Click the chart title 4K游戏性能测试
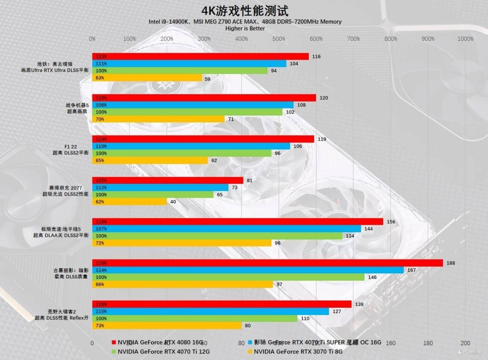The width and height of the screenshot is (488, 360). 245,10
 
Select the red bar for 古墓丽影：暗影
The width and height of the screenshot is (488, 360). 267,263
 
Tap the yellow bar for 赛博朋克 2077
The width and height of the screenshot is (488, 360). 129,201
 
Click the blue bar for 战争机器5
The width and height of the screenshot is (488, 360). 193,105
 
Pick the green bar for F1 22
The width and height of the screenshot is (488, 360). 182,153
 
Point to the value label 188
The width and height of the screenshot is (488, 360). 451,263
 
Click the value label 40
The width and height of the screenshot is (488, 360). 173,201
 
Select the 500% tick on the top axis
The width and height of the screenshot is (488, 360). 279,39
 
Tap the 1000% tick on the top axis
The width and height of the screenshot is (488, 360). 465,39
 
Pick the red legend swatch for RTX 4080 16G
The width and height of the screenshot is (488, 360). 114,342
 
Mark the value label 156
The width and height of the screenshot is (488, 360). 391,221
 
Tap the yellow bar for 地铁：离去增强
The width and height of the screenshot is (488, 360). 147,78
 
